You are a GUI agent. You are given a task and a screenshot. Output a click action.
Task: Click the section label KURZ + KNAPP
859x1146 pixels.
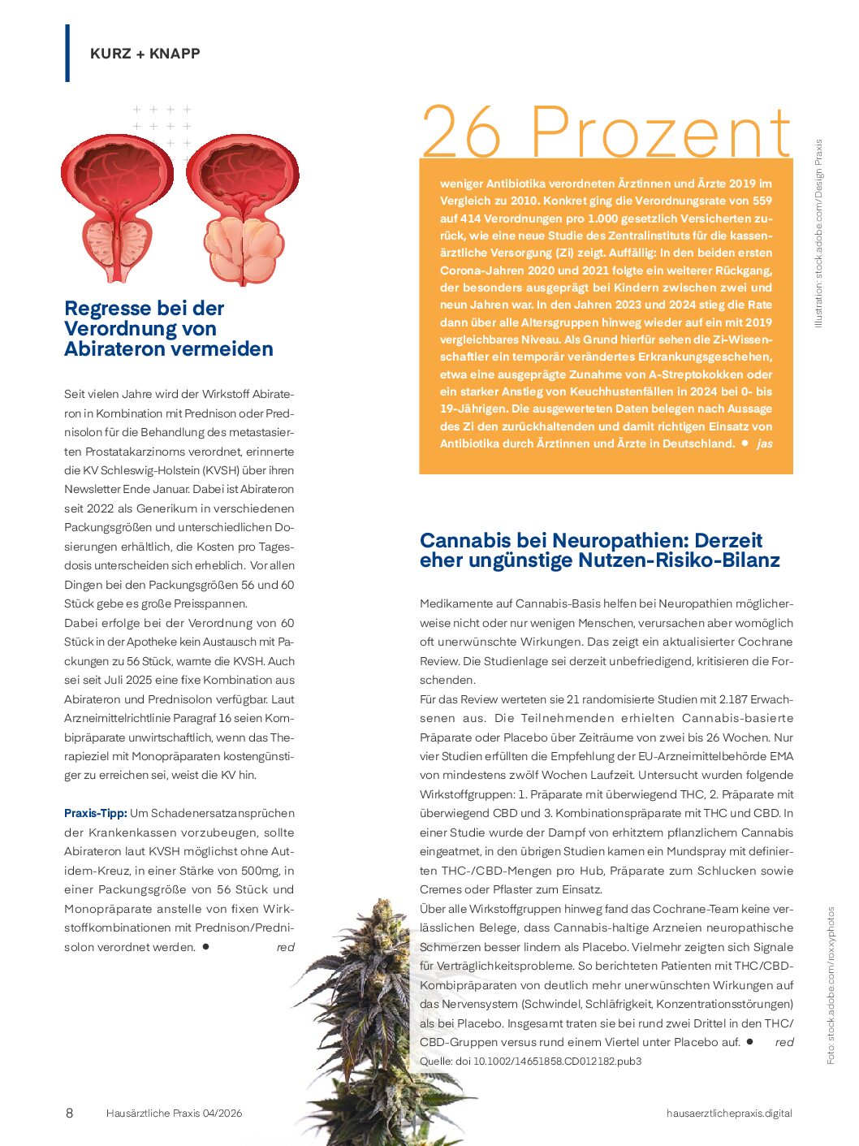click(x=145, y=54)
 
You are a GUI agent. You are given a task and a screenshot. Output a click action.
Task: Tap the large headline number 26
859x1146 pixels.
click(x=461, y=132)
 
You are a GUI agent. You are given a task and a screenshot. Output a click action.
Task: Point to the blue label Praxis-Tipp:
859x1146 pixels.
click(x=95, y=813)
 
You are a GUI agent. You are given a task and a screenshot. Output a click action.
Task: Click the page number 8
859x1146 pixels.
click(x=69, y=1113)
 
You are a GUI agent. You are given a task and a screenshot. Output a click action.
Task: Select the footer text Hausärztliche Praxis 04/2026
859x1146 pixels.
click(x=174, y=1114)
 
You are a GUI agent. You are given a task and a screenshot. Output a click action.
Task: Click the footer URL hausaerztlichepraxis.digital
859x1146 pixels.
click(x=728, y=1114)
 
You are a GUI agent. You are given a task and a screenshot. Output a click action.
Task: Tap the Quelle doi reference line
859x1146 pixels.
click(x=530, y=1062)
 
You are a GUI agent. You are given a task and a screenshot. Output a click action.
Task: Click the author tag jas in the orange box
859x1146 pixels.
click(x=764, y=443)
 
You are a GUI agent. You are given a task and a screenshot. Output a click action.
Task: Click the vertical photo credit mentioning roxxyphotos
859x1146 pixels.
click(x=831, y=985)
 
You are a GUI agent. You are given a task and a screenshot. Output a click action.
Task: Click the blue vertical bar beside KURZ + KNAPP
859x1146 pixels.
click(x=67, y=54)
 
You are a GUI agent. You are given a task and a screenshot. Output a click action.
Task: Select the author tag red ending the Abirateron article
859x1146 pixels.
click(x=285, y=947)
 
